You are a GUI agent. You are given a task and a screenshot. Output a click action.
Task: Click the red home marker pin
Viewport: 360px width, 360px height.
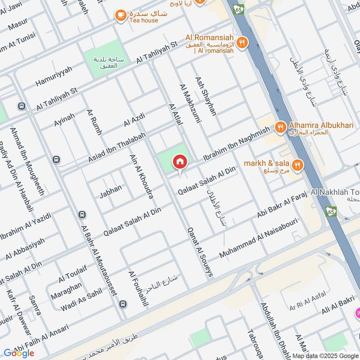[x=180, y=161]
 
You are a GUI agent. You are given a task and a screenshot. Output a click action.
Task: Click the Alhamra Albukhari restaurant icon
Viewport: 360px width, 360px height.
[x=281, y=127]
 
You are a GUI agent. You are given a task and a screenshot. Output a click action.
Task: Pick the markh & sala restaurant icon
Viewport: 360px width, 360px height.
[x=297, y=166]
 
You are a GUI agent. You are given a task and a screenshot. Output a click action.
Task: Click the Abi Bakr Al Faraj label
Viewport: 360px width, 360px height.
[x=282, y=205]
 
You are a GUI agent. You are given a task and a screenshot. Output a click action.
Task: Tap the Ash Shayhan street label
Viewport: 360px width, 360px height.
[x=206, y=96]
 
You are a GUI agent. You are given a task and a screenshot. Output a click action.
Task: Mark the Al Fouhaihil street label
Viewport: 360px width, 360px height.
[x=138, y=288]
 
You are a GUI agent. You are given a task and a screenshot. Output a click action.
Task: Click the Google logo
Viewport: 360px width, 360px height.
[x=19, y=353]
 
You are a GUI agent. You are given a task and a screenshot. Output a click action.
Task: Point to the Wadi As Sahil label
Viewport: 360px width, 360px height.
[x=81, y=301]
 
